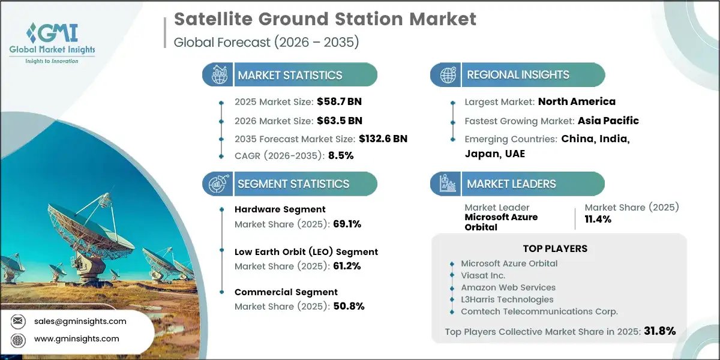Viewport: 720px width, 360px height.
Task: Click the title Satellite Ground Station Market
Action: (325, 19)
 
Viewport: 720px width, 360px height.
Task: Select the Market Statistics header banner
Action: (290, 75)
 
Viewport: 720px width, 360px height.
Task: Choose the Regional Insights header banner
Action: (517, 75)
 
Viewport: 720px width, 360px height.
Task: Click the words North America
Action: (577, 101)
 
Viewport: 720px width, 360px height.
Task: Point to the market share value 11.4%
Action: (598, 219)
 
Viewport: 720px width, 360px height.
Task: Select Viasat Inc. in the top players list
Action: (483, 275)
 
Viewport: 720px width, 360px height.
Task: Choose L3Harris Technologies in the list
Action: (507, 299)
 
